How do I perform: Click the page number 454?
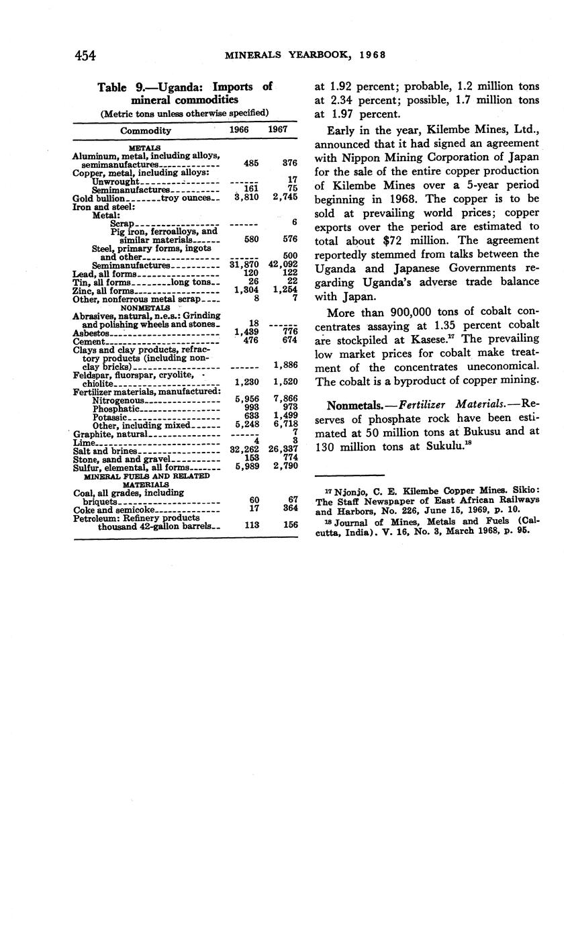(x=85, y=56)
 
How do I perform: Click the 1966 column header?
(x=240, y=130)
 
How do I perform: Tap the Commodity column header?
(x=146, y=130)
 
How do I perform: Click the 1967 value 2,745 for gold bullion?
(x=285, y=198)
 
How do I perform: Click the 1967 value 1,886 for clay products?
(x=286, y=365)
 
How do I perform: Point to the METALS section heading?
(x=144, y=148)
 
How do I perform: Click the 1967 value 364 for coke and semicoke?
(x=290, y=509)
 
